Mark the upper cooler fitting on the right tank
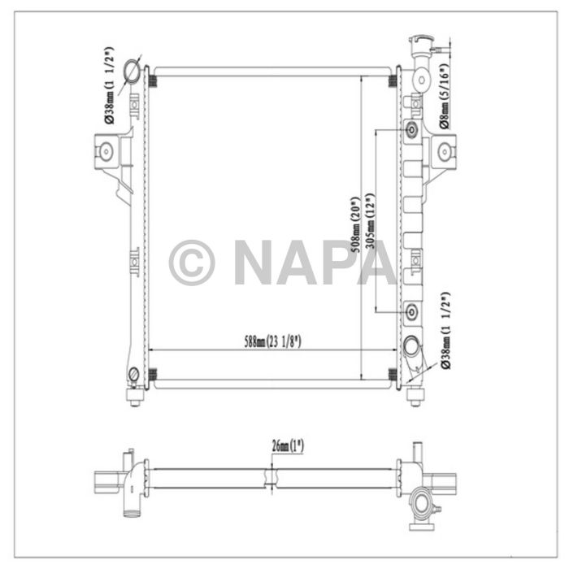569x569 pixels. (411, 130)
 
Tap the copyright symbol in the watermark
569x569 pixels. (192, 263)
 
